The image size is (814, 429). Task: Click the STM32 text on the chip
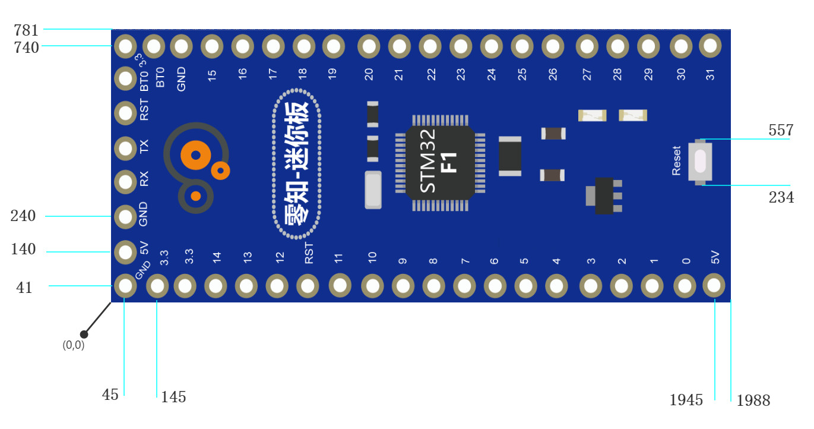point(427,160)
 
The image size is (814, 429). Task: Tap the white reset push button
point(700,162)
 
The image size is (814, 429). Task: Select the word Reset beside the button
point(676,160)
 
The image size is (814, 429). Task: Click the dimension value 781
point(26,30)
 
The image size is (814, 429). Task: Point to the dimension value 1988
point(753,400)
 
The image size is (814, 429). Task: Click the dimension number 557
point(781,130)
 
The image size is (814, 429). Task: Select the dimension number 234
point(781,197)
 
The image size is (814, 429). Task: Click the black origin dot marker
point(84,334)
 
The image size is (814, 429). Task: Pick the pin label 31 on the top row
point(710,74)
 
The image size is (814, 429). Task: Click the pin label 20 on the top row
point(369,74)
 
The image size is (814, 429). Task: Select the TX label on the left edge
point(144,147)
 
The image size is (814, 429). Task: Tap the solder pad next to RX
point(125,182)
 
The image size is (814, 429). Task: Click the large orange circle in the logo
point(196,155)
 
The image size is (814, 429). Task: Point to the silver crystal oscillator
point(373,190)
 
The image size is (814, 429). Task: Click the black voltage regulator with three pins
point(604,195)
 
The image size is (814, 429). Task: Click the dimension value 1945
point(686,400)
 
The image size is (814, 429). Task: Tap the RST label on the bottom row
point(309,253)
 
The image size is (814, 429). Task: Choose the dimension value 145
point(173,397)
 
